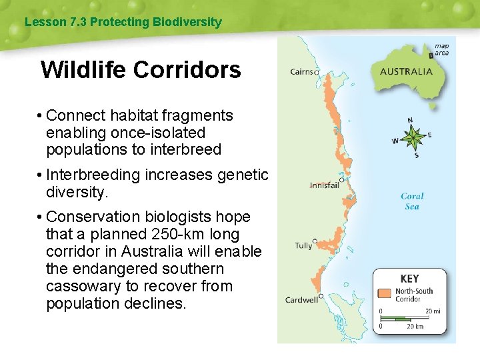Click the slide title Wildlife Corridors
tap(141, 69)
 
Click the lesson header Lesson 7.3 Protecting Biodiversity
tap(123, 22)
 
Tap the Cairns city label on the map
tap(303, 72)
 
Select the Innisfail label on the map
tap(324, 185)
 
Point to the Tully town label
tap(303, 245)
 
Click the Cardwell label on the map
tap(301, 299)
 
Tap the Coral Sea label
tap(412, 201)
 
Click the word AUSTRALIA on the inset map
tap(406, 72)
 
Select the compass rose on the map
tap(413, 138)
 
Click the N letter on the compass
tap(410, 121)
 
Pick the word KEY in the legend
tap(409, 278)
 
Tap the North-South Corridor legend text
tap(413, 295)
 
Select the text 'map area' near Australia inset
tap(441, 50)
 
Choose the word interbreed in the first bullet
tap(186, 150)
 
